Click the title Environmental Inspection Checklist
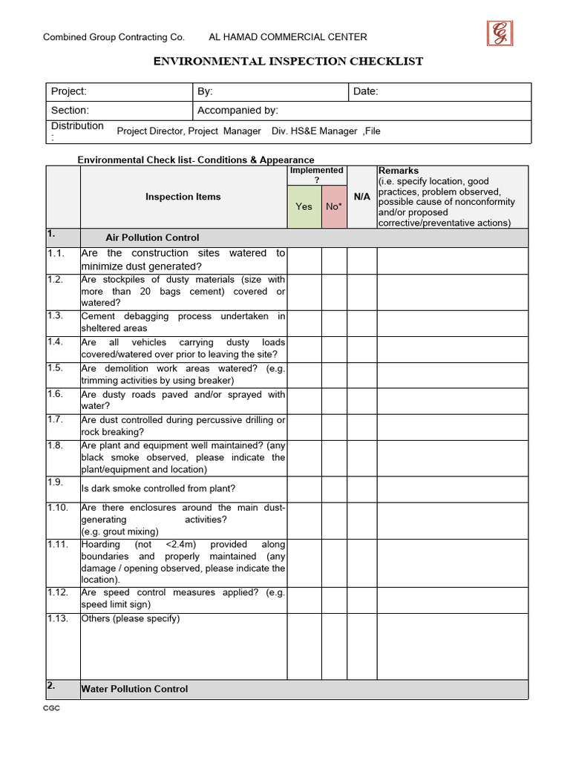click(x=288, y=62)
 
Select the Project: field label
click(x=69, y=91)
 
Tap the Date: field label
click(x=366, y=91)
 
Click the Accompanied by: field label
click(x=237, y=111)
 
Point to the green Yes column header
click(x=304, y=206)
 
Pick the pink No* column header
click(x=333, y=206)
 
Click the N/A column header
click(x=362, y=197)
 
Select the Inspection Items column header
click(x=183, y=197)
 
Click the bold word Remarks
click(x=399, y=171)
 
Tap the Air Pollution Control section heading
click(x=152, y=238)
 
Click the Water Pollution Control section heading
click(x=135, y=689)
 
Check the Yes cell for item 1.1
click(x=304, y=261)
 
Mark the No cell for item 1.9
click(x=334, y=488)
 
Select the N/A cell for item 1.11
click(x=362, y=563)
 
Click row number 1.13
click(x=58, y=619)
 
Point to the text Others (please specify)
click(x=131, y=619)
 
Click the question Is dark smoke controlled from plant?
click(x=158, y=488)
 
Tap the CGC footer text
click(x=51, y=709)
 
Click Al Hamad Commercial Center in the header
click(x=288, y=37)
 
